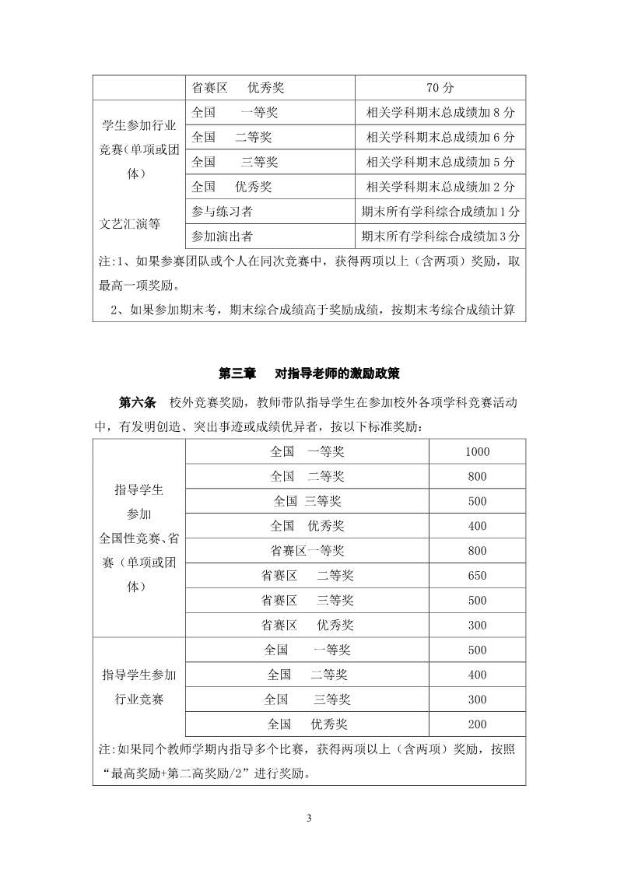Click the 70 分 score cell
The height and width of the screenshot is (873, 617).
point(440,86)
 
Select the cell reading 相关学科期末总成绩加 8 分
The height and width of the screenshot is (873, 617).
point(440,113)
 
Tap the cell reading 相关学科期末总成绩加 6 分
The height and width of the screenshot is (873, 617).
point(440,138)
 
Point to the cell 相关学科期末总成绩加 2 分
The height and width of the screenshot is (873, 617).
point(440,188)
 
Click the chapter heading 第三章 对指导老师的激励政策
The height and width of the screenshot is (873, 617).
point(309,373)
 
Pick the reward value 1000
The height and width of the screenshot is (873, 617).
point(477,452)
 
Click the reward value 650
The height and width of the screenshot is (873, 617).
point(477,576)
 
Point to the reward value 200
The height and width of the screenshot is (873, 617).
point(477,724)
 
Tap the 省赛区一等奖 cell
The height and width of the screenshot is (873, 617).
point(307,551)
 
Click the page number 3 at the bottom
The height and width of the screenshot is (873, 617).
point(309,819)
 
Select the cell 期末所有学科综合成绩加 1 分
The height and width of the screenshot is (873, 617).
point(440,212)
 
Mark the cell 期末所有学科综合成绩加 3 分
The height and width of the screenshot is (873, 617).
point(440,237)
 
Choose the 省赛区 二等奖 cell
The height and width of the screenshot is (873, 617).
point(307,576)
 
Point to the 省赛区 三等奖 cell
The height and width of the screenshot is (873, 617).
point(307,601)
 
